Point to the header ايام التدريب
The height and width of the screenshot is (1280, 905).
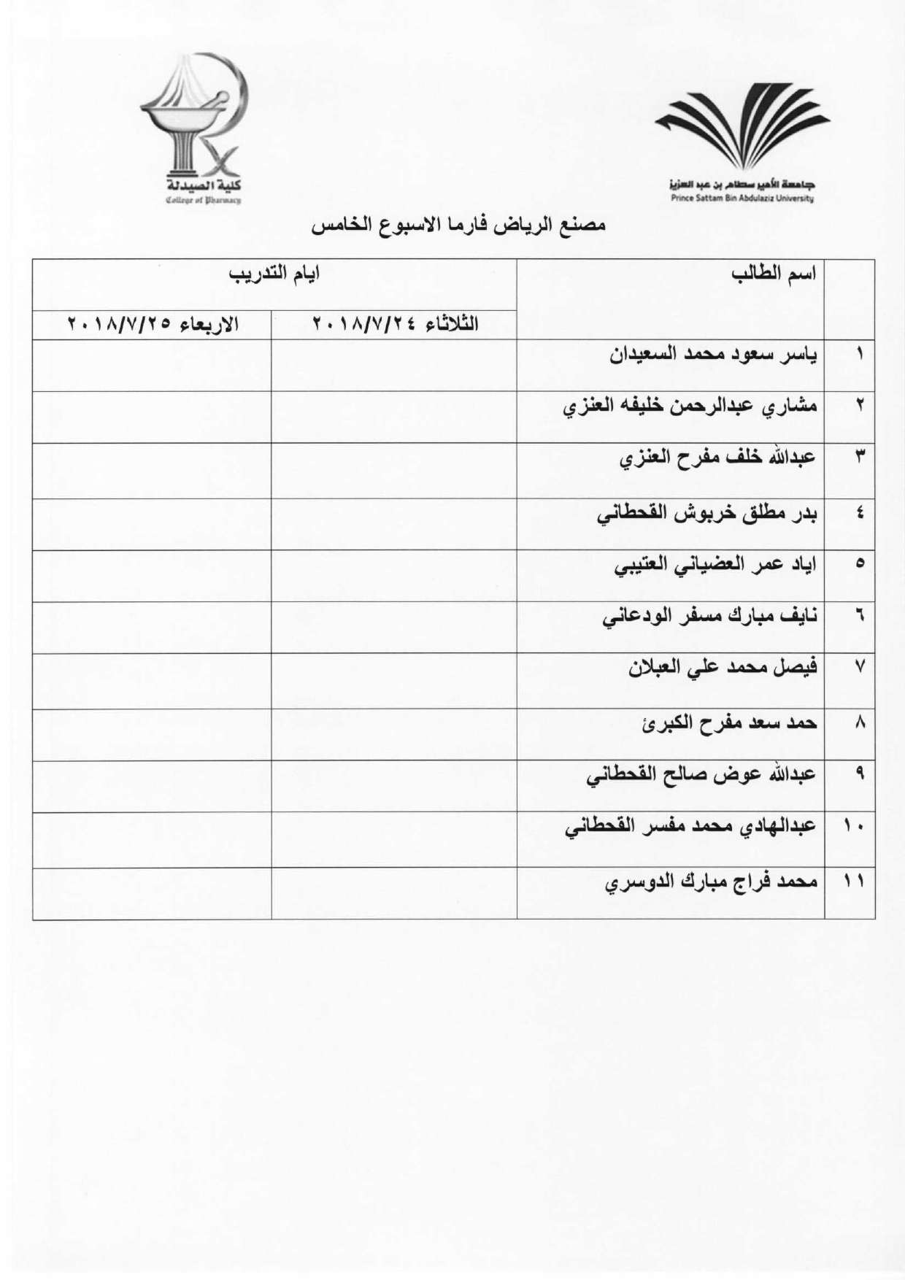274,275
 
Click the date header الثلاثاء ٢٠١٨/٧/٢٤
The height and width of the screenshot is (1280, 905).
396,324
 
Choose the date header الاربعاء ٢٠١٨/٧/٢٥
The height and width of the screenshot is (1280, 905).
153,324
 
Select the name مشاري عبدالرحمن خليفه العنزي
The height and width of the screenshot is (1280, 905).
690,406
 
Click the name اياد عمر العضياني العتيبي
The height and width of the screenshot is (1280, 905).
715,565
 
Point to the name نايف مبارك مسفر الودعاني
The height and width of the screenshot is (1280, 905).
709,617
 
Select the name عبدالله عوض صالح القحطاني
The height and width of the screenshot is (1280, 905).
701,775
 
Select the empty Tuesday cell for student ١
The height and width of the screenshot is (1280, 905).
394,365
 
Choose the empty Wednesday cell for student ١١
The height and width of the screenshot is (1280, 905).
152,893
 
